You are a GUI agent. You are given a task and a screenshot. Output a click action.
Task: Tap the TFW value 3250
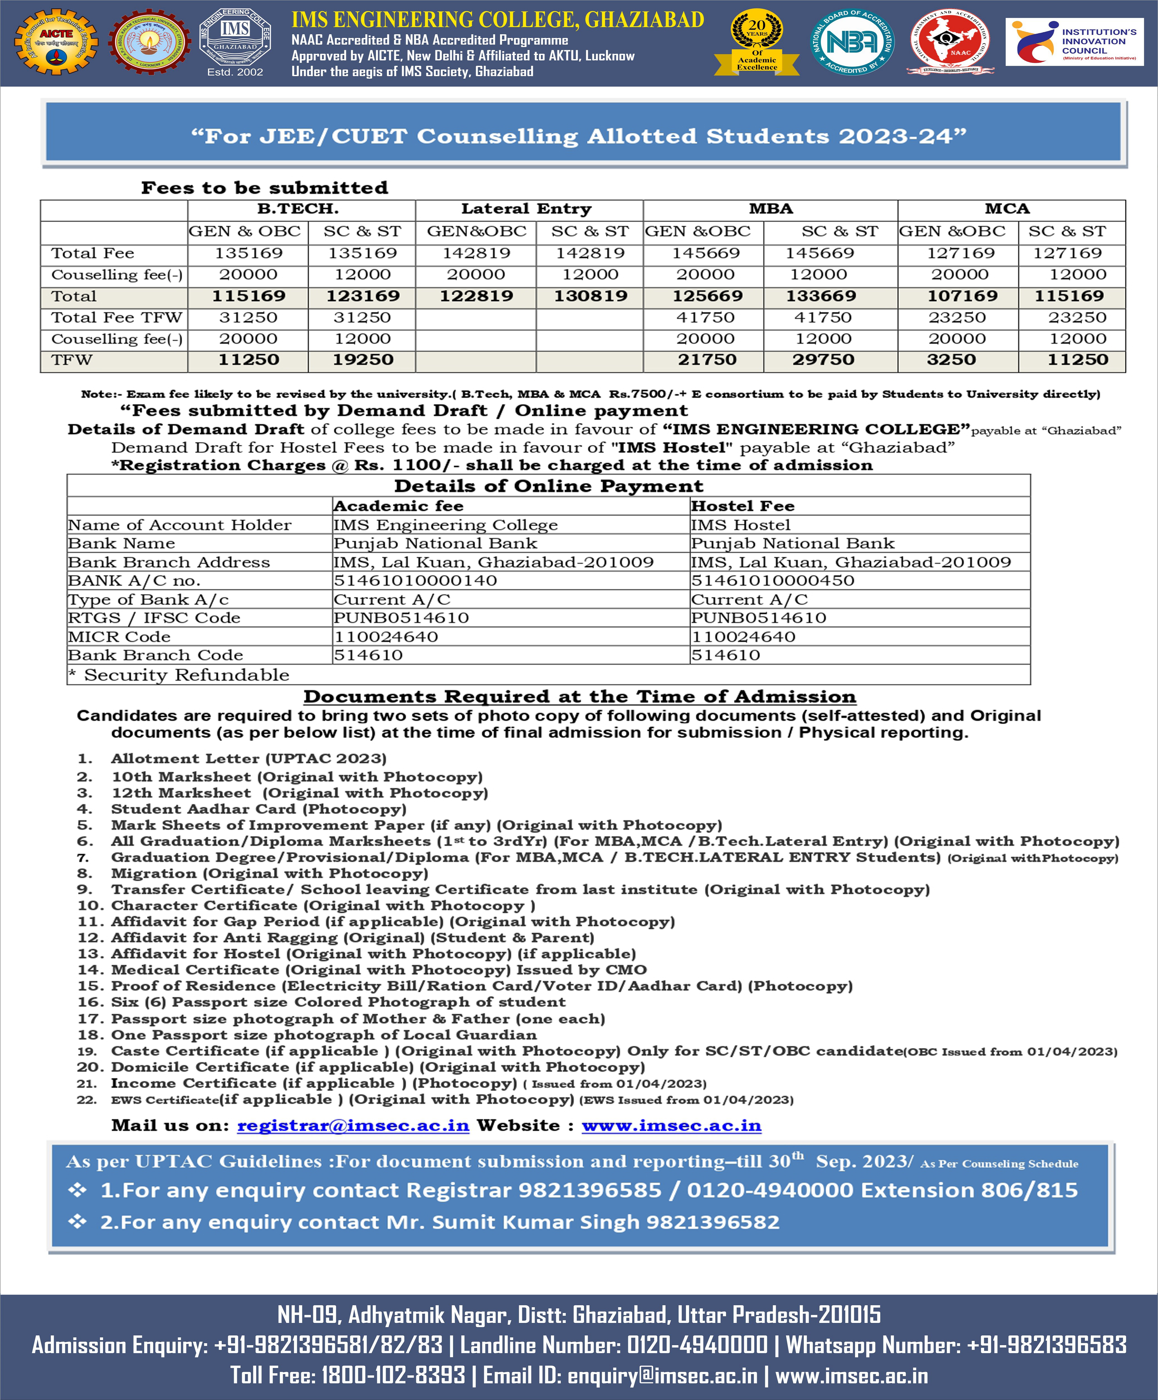tap(951, 360)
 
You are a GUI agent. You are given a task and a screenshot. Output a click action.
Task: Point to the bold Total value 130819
tap(591, 296)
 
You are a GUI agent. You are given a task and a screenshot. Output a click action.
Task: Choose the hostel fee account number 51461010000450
tap(773, 581)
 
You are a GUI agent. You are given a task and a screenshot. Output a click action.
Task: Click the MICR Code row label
tap(119, 637)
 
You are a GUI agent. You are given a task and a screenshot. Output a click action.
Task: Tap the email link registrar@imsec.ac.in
tap(353, 1125)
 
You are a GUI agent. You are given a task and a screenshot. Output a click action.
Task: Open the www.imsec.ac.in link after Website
tap(671, 1125)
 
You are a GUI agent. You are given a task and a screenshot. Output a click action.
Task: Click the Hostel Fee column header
tap(743, 506)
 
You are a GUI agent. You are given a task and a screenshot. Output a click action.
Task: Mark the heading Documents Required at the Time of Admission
tap(579, 697)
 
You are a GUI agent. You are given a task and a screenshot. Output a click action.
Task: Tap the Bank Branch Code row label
tap(155, 655)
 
